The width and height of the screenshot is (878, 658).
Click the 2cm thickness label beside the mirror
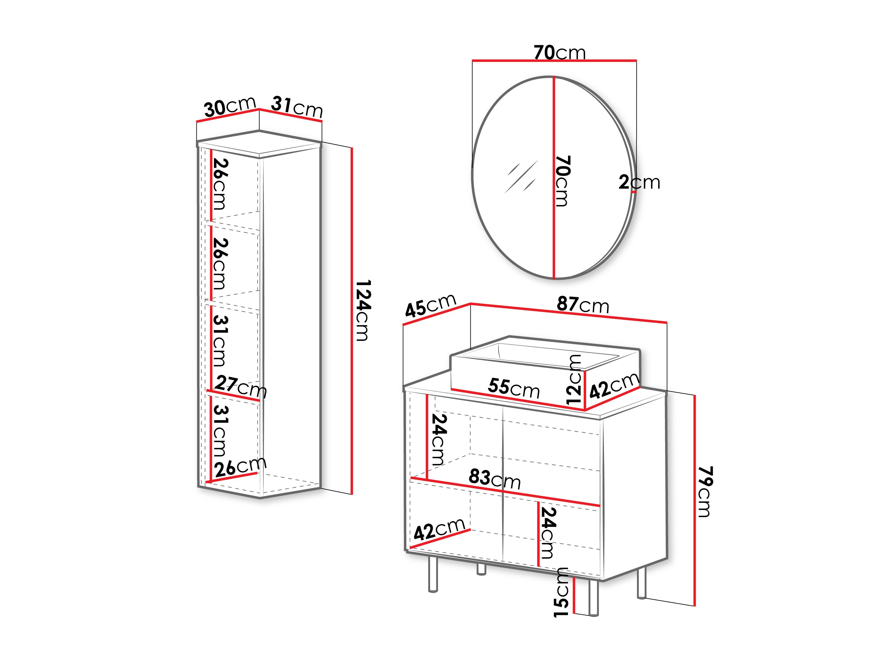tap(639, 182)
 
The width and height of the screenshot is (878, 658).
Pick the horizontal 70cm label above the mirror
tap(559, 52)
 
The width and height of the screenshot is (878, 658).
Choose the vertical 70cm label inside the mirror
tap(562, 181)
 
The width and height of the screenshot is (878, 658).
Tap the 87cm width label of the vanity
tap(583, 305)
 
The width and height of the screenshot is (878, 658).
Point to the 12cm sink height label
tap(574, 380)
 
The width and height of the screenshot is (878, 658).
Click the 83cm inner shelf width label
tap(495, 479)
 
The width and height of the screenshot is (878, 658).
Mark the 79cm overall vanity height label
tap(705, 492)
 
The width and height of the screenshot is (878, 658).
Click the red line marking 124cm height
tap(352, 321)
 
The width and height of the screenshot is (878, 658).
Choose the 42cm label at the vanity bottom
tap(439, 529)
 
